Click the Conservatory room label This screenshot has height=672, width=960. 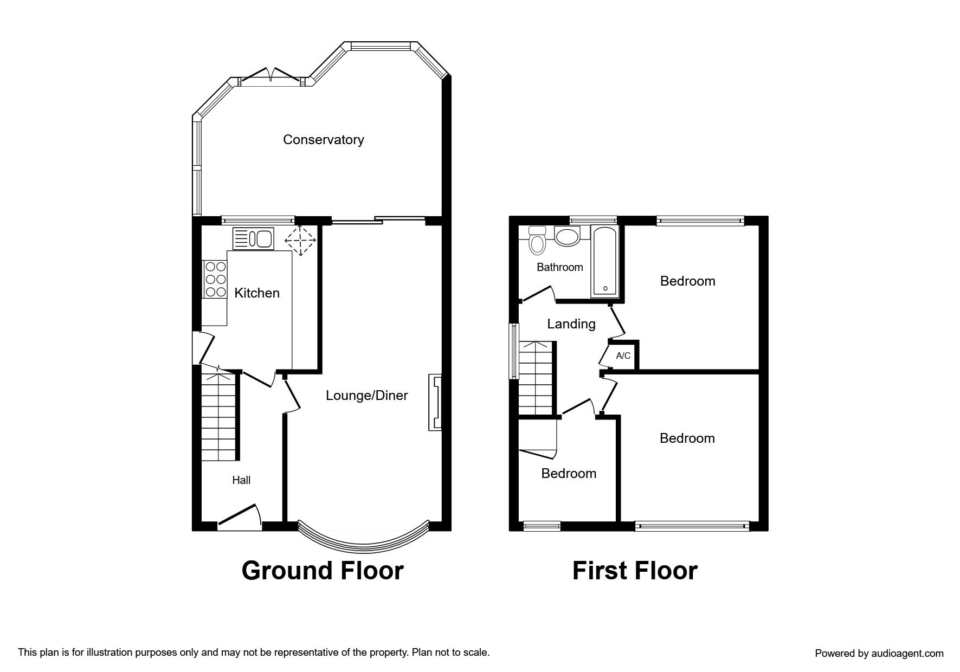[323, 140]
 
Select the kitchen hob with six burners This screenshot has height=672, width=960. [215, 279]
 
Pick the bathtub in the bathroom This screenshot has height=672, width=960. [604, 261]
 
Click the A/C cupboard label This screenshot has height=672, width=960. [623, 356]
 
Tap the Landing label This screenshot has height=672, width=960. [571, 324]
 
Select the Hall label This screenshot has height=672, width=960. [241, 480]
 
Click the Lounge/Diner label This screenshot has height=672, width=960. [366, 396]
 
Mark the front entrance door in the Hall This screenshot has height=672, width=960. [239, 516]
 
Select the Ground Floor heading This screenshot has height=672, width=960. [323, 571]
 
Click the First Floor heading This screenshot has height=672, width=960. [635, 571]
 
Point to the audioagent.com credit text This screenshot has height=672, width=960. [879, 654]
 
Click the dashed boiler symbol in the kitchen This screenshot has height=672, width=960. [300, 240]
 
